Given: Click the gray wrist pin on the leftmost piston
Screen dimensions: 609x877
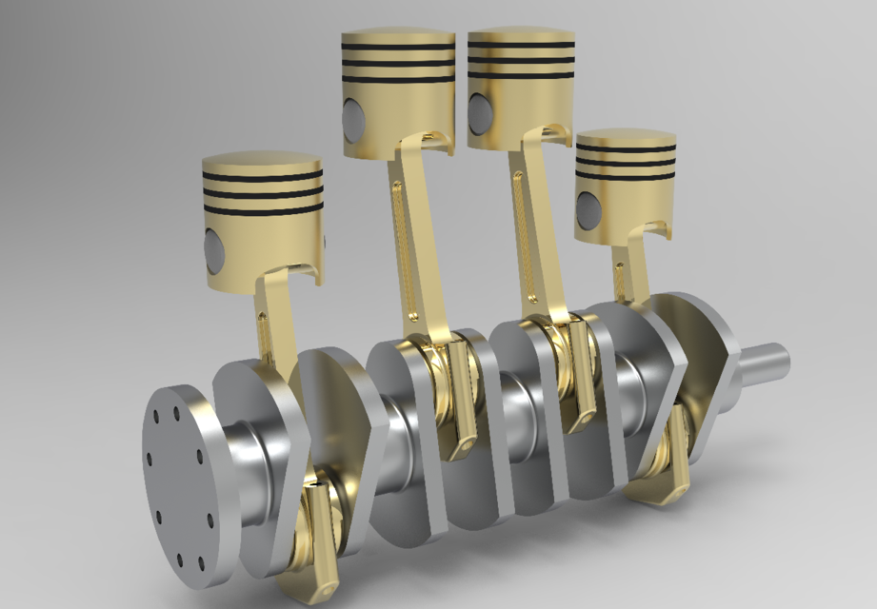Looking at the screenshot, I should tap(213, 249).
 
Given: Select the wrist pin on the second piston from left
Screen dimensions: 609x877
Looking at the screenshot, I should tap(353, 118).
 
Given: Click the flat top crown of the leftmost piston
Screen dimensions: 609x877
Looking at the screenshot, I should tap(262, 162).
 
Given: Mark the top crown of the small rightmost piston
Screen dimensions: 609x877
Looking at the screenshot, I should tap(626, 138).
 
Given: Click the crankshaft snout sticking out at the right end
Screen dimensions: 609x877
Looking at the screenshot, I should tap(766, 363).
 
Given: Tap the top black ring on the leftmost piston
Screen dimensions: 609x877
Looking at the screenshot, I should tap(262, 177).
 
